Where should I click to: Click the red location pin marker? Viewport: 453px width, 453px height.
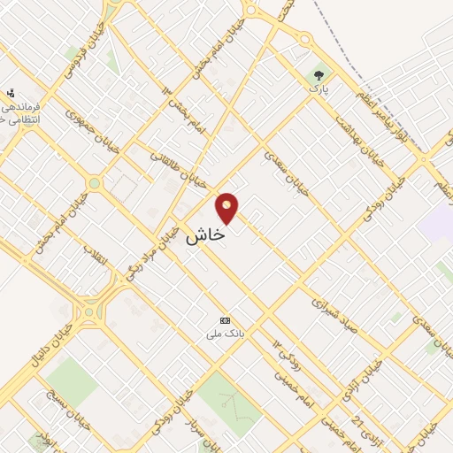tap(227, 207)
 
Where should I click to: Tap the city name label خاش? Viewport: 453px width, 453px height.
tap(205, 236)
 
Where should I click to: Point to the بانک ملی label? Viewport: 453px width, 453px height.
tap(225, 334)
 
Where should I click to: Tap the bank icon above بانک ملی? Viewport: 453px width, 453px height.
tap(225, 320)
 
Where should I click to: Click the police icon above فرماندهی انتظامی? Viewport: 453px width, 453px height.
tap(11, 93)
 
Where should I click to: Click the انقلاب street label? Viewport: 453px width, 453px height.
tap(93, 255)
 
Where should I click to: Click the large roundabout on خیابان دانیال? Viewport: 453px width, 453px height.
tap(90, 311)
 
